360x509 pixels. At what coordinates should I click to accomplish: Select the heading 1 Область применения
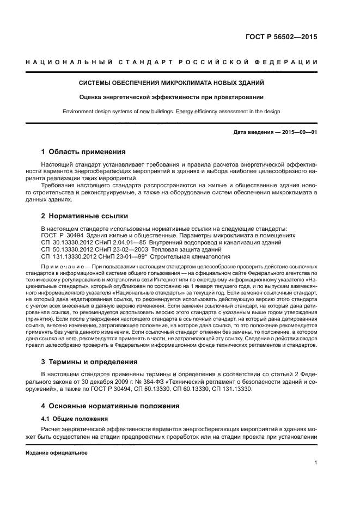coord(83,151)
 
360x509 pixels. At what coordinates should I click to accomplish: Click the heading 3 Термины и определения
coord(86,362)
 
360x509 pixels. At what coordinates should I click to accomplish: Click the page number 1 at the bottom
coord(315,463)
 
